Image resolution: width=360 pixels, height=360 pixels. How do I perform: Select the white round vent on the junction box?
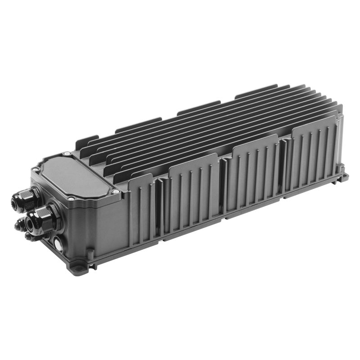(x=58, y=244)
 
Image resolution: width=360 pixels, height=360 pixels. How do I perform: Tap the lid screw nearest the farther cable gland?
(x=35, y=169)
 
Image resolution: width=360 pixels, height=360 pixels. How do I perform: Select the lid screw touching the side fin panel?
(x=116, y=191)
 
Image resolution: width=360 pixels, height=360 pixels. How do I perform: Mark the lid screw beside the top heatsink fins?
(x=67, y=154)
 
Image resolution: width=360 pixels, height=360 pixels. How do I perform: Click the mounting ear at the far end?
(x=343, y=176)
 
